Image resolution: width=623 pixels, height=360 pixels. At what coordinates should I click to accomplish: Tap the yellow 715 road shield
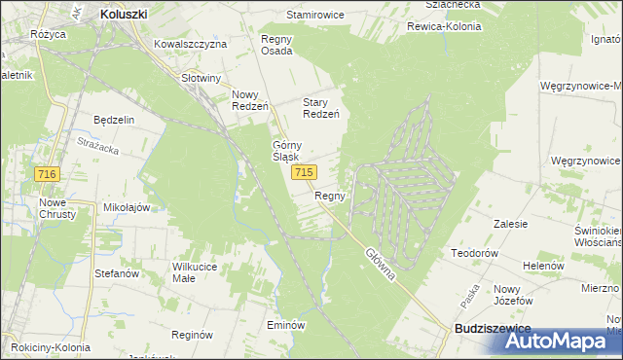[x=303, y=172]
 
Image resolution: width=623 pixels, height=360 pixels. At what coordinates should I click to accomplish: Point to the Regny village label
[x=330, y=196]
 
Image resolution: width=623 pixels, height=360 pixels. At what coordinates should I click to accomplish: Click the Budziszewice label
[x=493, y=330]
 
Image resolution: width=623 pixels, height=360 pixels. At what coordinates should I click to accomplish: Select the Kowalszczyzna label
[x=191, y=45]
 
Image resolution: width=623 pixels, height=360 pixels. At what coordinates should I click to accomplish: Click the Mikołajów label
[x=127, y=207]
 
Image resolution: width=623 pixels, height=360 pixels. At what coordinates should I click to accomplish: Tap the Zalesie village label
[x=510, y=224]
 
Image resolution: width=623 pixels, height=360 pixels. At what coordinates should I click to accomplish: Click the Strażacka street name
[x=97, y=146]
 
